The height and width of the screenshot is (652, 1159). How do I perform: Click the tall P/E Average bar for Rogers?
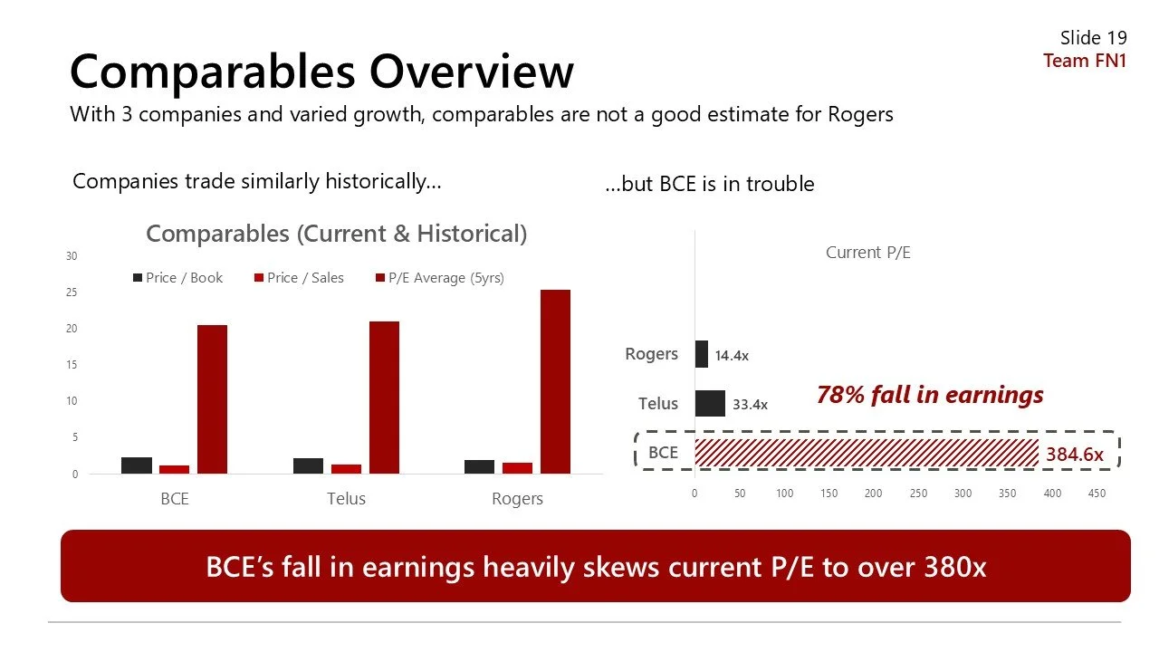pyautogui.click(x=555, y=381)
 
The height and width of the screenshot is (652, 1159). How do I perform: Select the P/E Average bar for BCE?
pyautogui.click(x=212, y=398)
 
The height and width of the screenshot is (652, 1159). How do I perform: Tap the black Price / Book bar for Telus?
pyautogui.click(x=308, y=465)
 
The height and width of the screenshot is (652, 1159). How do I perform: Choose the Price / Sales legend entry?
pyautogui.click(x=298, y=278)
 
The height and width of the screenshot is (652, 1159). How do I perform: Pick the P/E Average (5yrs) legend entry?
pyautogui.click(x=439, y=278)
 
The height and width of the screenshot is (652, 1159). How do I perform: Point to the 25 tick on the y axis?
pyautogui.click(x=71, y=292)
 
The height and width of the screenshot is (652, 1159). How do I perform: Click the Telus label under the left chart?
pyautogui.click(x=346, y=499)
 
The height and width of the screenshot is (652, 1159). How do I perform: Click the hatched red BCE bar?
pyautogui.click(x=866, y=453)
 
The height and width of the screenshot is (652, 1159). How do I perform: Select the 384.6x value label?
pyautogui.click(x=1075, y=455)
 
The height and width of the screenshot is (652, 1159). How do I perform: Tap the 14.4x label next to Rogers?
pyautogui.click(x=732, y=356)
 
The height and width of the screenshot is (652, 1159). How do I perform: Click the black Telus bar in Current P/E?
pyautogui.click(x=710, y=404)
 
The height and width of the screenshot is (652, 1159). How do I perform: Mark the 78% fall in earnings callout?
pyautogui.click(x=930, y=395)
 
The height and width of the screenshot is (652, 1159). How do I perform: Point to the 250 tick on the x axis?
pyautogui.click(x=918, y=494)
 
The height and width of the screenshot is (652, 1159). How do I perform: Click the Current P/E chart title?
pyautogui.click(x=867, y=253)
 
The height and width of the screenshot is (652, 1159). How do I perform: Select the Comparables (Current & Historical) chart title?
pyautogui.click(x=336, y=234)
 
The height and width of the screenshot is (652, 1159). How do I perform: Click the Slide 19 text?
pyautogui.click(x=1093, y=38)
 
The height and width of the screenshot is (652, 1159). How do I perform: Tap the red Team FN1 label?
pyautogui.click(x=1085, y=61)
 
